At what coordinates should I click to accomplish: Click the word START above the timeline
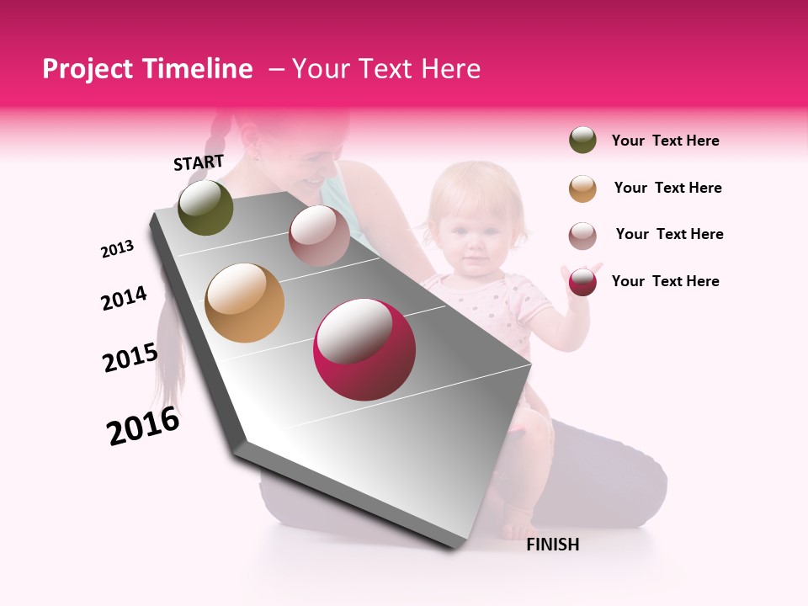tap(199, 162)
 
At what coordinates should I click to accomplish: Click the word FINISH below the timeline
tap(553, 545)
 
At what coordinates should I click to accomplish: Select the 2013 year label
tap(117, 249)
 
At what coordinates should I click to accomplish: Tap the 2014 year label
tap(124, 298)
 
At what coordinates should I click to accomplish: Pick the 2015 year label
tap(130, 358)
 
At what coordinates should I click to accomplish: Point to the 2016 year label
tap(143, 426)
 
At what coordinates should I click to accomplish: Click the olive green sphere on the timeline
tap(205, 208)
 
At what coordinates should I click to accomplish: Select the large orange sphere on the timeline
tap(245, 303)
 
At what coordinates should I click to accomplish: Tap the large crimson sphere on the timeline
tap(364, 349)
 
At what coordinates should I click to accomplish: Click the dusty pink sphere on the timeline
tap(319, 236)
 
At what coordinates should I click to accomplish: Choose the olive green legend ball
tap(582, 141)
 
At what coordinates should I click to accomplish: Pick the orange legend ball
tap(582, 189)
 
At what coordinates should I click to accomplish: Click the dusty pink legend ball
tap(582, 236)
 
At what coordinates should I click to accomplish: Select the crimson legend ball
tap(582, 282)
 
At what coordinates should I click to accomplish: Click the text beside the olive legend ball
tap(665, 141)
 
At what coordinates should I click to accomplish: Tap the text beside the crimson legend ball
tap(665, 281)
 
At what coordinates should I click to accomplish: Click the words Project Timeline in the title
tap(147, 69)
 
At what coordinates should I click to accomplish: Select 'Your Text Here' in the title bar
tap(385, 69)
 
